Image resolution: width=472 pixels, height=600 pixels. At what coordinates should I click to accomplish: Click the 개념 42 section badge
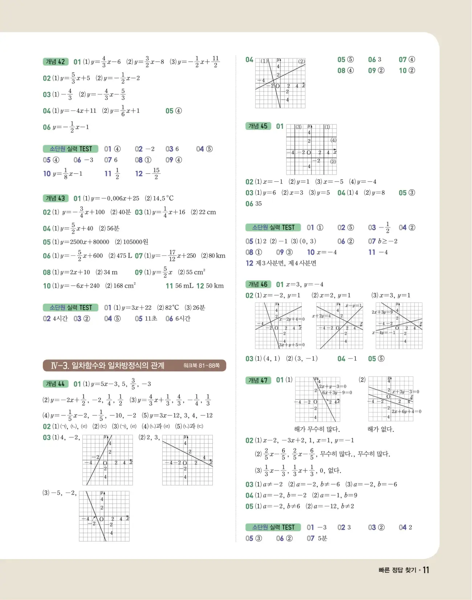[56, 62]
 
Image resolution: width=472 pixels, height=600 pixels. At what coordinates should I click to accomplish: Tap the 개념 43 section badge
[56, 198]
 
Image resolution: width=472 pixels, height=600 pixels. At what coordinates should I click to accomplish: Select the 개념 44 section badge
[56, 384]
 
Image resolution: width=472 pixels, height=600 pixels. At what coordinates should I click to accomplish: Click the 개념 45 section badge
[258, 126]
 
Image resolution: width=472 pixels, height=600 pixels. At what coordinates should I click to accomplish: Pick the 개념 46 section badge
[258, 284]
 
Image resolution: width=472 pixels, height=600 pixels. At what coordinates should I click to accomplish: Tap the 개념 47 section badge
[258, 380]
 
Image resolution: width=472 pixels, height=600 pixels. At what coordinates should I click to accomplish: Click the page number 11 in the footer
[426, 570]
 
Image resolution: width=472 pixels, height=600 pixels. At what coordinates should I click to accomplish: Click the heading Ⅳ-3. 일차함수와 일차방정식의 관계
[107, 365]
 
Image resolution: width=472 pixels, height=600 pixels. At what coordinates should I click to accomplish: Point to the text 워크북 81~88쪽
[202, 366]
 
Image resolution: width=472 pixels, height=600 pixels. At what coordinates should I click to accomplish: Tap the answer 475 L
[124, 256]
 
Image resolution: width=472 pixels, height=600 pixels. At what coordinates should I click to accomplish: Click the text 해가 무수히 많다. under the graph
[317, 429]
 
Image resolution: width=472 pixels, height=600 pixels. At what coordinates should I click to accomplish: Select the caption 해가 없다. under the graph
[381, 429]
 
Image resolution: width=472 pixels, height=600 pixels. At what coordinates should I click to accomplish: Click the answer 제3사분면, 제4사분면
[286, 263]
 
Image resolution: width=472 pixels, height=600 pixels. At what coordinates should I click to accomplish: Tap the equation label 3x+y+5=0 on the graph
[292, 345]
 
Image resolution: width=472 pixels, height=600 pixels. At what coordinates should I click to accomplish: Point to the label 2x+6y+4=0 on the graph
[406, 411]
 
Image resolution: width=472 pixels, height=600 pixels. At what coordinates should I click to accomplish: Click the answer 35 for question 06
[258, 204]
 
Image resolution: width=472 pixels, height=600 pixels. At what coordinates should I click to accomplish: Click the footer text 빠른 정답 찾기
[397, 570]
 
